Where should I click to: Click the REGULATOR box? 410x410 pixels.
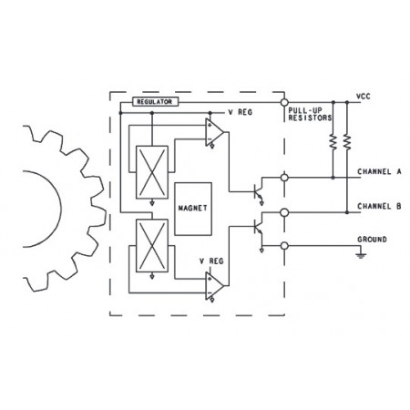[x=155, y=102]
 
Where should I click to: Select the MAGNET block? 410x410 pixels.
[x=193, y=209]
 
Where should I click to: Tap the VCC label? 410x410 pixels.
[x=364, y=97]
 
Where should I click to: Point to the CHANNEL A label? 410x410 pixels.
[x=379, y=171]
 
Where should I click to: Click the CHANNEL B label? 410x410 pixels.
[x=379, y=207]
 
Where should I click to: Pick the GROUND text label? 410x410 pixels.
[x=372, y=240]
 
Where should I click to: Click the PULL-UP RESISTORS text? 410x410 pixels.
[x=310, y=114]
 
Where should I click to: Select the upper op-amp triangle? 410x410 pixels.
[x=214, y=132]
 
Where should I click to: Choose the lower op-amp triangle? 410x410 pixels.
[x=214, y=285]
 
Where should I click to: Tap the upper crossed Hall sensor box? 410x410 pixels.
[x=152, y=172]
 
